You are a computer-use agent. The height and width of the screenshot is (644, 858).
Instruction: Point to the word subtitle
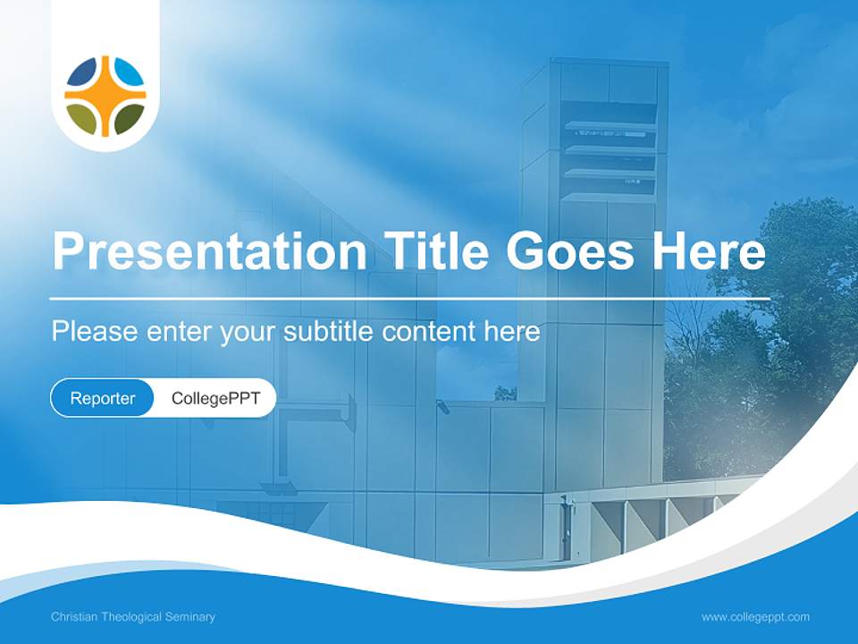[329, 331]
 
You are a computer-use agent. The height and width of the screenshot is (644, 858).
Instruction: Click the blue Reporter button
[103, 398]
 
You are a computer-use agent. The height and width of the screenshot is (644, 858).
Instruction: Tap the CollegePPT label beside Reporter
[215, 398]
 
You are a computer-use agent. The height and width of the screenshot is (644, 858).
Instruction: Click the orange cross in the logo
[105, 96]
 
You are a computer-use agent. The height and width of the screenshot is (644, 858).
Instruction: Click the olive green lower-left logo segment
[83, 117]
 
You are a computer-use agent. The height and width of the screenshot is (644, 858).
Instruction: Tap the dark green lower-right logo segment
[128, 117]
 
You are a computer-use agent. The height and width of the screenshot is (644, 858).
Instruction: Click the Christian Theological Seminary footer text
[133, 617]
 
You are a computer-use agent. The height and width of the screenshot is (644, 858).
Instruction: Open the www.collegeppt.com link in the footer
[755, 617]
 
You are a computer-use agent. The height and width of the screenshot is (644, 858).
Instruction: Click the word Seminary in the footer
[191, 617]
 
